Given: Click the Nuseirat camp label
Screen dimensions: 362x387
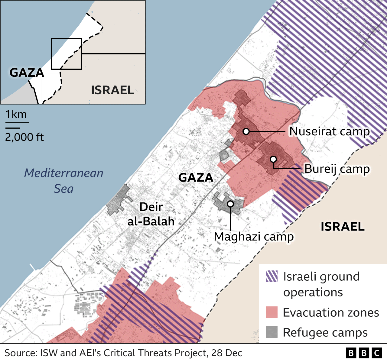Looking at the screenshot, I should (x=330, y=131).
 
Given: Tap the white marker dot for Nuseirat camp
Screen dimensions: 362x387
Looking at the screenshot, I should (x=246, y=131).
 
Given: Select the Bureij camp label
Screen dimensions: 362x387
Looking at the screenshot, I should (x=337, y=169).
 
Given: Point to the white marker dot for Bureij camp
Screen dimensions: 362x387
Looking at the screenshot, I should (x=273, y=159).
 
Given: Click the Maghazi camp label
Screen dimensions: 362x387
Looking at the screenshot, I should (x=254, y=237).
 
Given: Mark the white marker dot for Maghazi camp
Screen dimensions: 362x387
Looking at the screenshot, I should (x=230, y=204).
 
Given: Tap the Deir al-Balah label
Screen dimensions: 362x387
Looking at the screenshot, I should (x=151, y=214).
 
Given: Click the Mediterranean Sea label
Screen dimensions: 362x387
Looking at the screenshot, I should (x=64, y=181).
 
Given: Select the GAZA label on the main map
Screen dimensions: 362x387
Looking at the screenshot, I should (x=196, y=178).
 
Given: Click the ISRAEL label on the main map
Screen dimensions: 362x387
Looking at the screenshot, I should (x=343, y=227).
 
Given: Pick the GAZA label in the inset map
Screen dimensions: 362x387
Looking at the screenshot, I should (x=27, y=73).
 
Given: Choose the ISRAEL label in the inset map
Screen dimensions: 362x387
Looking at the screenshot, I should (x=112, y=90).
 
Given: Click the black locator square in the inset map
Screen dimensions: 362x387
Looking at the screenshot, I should (x=67, y=54).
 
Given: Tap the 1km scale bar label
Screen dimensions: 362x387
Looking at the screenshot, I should (x=16, y=114).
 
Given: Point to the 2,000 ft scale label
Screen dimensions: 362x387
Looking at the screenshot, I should (x=24, y=137).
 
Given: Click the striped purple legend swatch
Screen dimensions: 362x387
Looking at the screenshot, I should (x=272, y=276).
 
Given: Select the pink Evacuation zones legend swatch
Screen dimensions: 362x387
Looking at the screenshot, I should (x=272, y=312).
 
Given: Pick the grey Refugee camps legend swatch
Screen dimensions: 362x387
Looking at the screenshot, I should (x=272, y=332).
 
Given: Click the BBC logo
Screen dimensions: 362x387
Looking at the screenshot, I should (x=364, y=353).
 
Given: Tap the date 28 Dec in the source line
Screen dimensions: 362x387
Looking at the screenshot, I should (x=227, y=353).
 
